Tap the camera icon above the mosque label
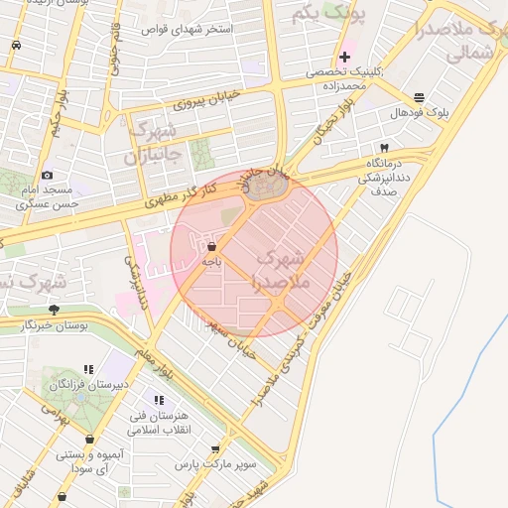(x=48, y=175)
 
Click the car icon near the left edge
(x=16, y=46)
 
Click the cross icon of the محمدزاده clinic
(x=344, y=57)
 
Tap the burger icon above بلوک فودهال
(x=419, y=97)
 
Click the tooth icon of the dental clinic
(x=384, y=147)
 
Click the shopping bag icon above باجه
(x=211, y=245)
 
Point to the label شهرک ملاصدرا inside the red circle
(x=283, y=270)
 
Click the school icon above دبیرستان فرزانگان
(x=88, y=369)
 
